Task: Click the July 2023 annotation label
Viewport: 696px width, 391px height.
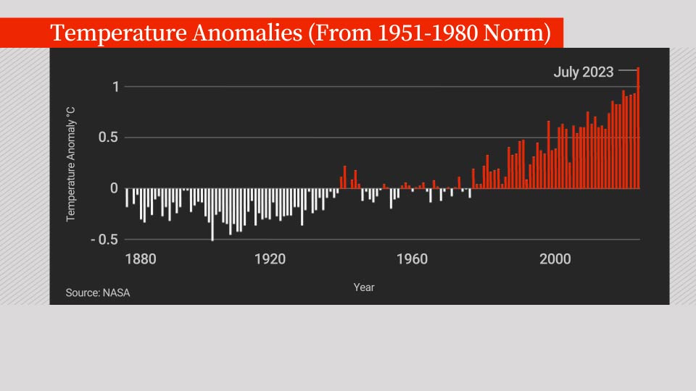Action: point(583,72)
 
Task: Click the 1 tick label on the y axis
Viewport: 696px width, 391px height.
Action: point(115,87)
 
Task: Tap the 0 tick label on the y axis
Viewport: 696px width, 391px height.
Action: point(114,188)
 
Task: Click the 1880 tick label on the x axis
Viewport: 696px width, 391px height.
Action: point(140,259)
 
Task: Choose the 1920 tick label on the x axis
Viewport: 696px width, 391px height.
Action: point(270,259)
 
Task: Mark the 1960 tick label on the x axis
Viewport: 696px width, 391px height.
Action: point(412,259)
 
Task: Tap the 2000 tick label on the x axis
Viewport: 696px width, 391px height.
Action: point(555,259)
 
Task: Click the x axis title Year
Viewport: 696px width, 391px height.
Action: point(364,287)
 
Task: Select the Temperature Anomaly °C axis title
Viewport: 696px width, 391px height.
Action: point(71,164)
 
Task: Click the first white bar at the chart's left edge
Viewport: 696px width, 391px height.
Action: point(127,198)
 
